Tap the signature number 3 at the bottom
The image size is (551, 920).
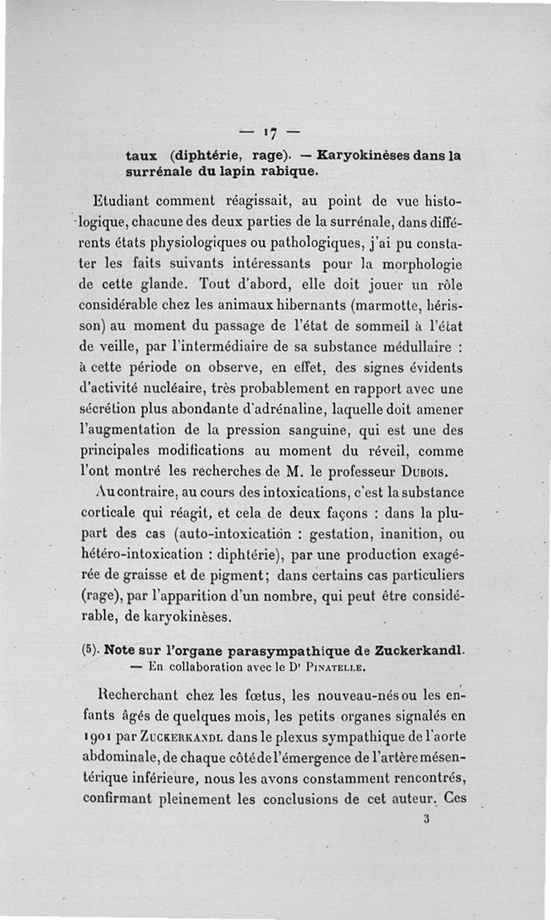coord(427,820)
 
